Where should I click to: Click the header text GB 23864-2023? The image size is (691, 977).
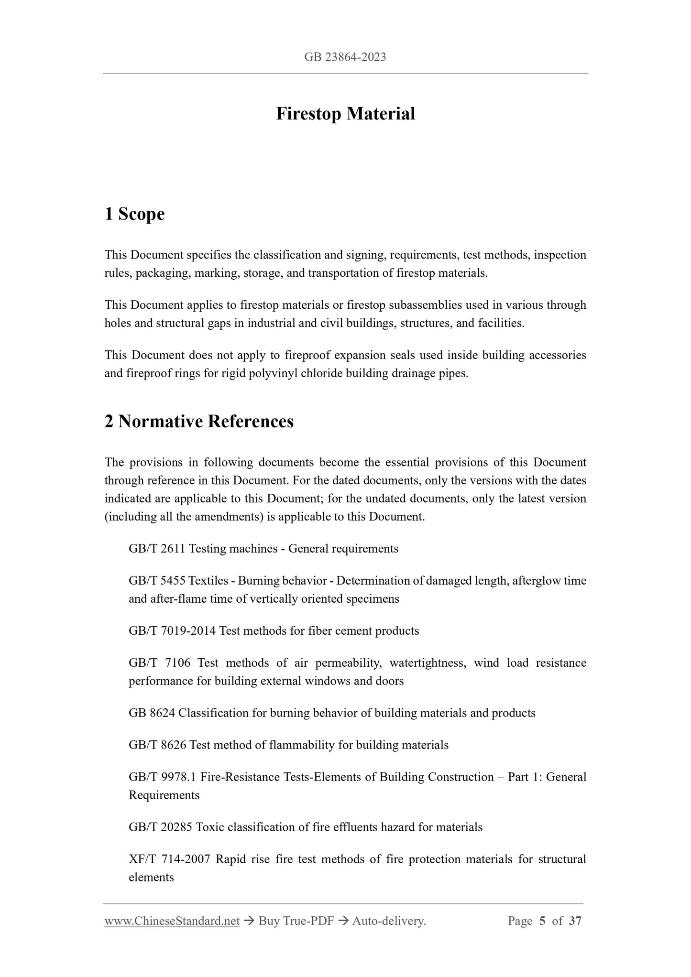(x=345, y=57)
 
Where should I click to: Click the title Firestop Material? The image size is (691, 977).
(x=345, y=114)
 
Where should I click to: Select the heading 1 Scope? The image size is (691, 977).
(x=134, y=214)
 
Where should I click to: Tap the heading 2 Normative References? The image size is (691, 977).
(x=199, y=421)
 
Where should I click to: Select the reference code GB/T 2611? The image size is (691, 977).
(x=157, y=548)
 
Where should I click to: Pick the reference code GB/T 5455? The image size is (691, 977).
(x=157, y=581)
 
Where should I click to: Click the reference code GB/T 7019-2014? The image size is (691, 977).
(x=172, y=630)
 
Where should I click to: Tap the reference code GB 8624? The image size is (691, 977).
(x=152, y=713)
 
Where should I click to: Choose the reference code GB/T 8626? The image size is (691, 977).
(x=157, y=745)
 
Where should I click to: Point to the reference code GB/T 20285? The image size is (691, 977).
(x=160, y=827)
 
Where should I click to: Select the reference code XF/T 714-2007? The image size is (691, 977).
(x=169, y=859)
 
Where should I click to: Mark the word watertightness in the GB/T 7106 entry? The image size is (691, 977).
(x=428, y=662)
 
